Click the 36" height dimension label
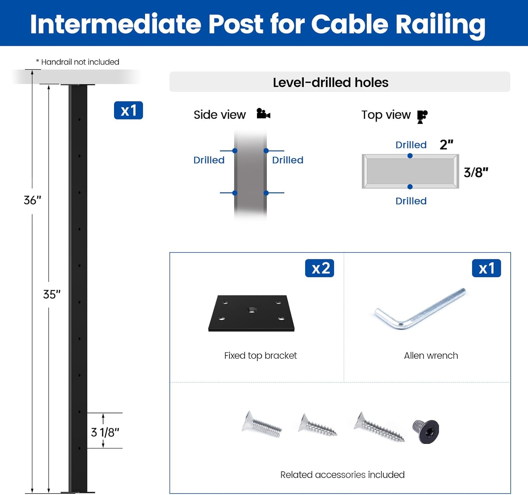click(x=32, y=200)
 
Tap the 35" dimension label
click(x=52, y=294)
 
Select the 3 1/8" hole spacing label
click(x=105, y=432)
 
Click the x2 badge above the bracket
click(x=319, y=268)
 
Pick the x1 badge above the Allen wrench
click(x=486, y=268)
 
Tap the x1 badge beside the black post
click(x=128, y=111)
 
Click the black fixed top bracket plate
click(x=251, y=314)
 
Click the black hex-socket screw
click(x=426, y=431)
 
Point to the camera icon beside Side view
click(x=263, y=114)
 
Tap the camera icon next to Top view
click(x=422, y=116)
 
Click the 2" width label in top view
click(x=446, y=144)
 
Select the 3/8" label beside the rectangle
click(x=476, y=172)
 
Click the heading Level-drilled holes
click(x=331, y=82)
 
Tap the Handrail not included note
click(x=78, y=62)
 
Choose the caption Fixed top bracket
click(x=260, y=355)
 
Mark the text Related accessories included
click(x=342, y=475)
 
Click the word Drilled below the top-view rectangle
click(x=411, y=201)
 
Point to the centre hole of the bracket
click(x=251, y=310)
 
